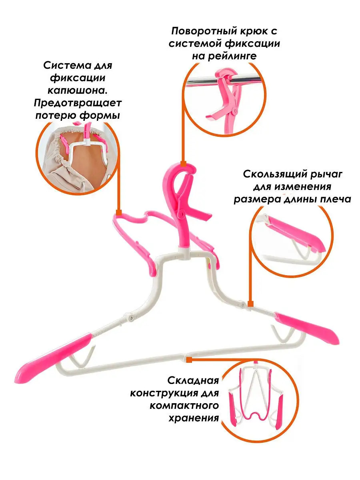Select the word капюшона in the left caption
click(78, 90)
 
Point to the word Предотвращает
click(78, 103)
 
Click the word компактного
click(184, 406)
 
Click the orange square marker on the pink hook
click(183, 164)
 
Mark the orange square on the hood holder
click(119, 212)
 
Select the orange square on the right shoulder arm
click(251, 304)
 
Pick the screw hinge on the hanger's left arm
click(131, 317)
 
